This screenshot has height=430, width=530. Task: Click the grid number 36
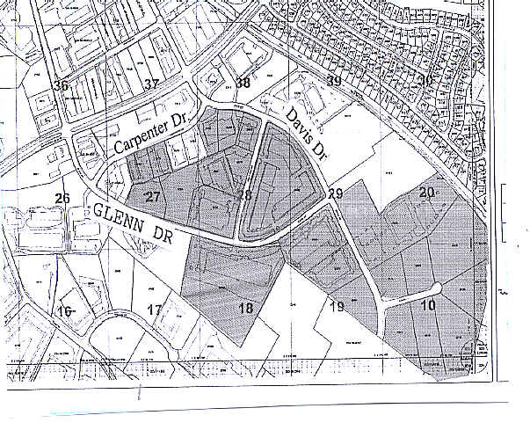pos(61,85)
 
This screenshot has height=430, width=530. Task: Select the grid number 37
pos(152,84)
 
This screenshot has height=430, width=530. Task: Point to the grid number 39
pos(334,82)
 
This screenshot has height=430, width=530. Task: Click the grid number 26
pos(62,198)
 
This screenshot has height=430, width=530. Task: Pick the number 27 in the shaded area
pos(153,196)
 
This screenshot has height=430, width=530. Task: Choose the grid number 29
pos(335,193)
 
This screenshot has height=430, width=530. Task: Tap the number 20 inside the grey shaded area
pos(427,193)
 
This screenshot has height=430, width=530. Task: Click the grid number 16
pos(64,311)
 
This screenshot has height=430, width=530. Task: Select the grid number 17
pos(155,310)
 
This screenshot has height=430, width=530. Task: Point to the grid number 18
pos(245,308)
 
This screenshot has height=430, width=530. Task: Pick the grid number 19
pos(337,307)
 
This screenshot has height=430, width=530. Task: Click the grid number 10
pos(428,305)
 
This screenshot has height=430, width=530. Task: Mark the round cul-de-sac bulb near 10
pos(437,289)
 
